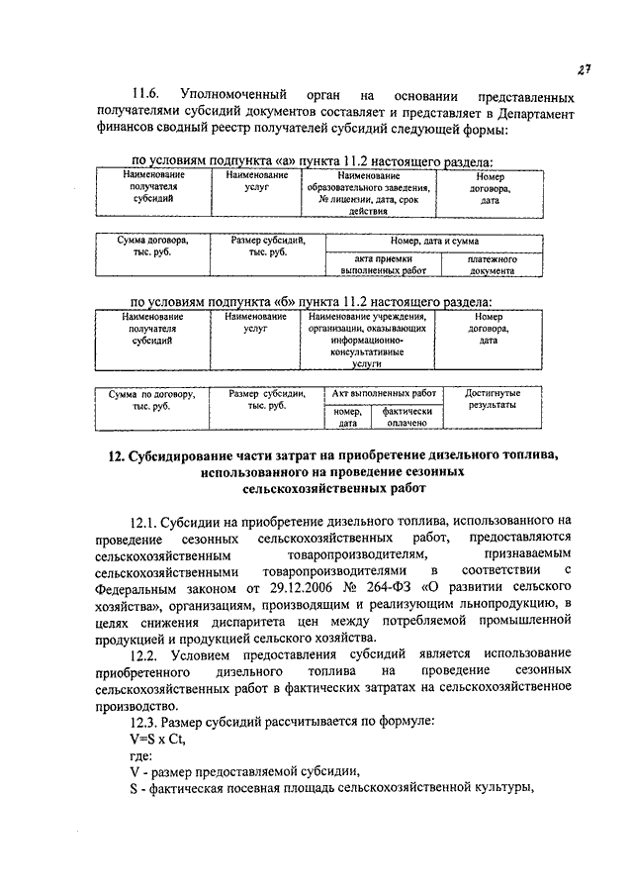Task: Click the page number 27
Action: (586, 67)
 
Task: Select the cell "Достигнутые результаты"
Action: (492, 399)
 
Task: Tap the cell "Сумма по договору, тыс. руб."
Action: (152, 400)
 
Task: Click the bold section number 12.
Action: (114, 456)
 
